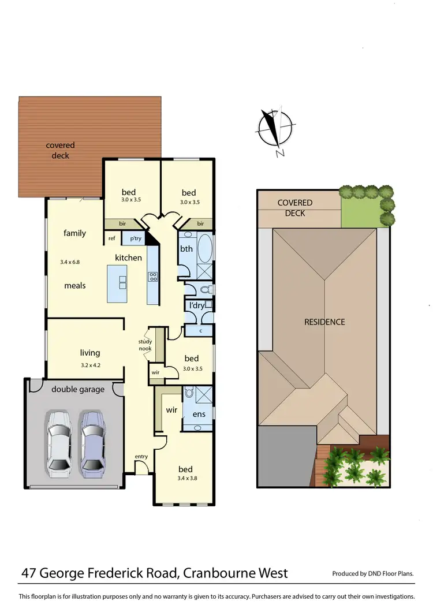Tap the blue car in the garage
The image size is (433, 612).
click(92, 442)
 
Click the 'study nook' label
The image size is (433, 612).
click(145, 345)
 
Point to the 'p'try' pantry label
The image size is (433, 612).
click(136, 238)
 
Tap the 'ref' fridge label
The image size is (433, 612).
click(111, 238)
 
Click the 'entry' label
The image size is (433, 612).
click(141, 457)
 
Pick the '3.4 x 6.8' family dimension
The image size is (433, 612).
click(70, 262)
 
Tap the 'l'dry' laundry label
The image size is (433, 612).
click(197, 305)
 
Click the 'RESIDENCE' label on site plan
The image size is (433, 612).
click(324, 322)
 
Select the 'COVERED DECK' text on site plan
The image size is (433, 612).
click(295, 208)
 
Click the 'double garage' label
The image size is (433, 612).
click(78, 389)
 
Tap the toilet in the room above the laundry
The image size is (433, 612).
click(206, 288)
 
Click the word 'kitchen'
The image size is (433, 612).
click(128, 258)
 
